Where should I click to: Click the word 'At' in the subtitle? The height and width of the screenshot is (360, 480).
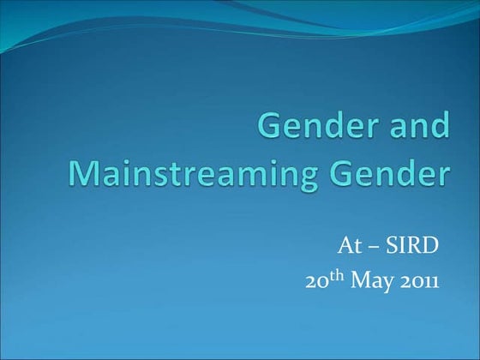346,249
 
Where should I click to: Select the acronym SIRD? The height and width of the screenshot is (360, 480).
411,249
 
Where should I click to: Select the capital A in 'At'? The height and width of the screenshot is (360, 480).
342,249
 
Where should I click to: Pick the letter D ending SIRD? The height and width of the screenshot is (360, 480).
431,249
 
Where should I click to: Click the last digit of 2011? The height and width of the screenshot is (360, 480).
435,281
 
